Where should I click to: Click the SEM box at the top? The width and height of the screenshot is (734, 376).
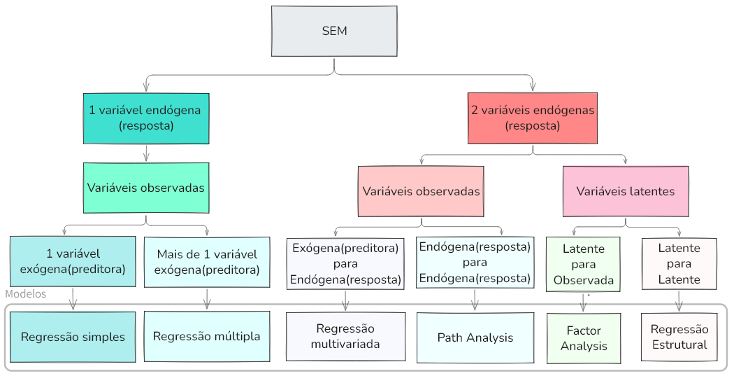(334, 31)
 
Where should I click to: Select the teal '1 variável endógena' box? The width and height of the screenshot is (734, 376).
(145, 118)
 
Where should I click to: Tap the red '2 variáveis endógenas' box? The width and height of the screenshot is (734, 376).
(533, 118)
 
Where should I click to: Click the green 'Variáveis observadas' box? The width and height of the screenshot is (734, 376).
(145, 188)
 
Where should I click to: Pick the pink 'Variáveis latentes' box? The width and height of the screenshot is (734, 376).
(625, 190)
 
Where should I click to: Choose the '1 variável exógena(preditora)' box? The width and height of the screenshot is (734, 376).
(73, 261)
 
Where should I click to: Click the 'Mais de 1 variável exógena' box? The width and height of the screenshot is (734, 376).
(206, 262)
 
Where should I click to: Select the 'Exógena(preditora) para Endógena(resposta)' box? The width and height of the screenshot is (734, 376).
(345, 264)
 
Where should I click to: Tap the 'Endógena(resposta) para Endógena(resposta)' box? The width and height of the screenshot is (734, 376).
(475, 263)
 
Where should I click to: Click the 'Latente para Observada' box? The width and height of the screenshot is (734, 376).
(583, 264)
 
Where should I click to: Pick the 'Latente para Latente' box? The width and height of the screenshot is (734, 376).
(678, 264)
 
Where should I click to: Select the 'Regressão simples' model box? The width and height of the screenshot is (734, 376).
(73, 337)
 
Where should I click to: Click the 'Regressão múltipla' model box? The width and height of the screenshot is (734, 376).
(206, 336)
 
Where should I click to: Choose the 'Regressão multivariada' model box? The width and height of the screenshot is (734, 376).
(345, 336)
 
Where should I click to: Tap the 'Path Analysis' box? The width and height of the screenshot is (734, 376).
(475, 337)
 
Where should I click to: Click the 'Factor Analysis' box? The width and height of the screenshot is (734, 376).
(583, 337)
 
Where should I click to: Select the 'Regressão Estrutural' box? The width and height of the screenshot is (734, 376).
(679, 337)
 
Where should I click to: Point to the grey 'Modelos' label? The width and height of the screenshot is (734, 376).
(25, 294)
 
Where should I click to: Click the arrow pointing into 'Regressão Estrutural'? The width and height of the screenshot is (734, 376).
(678, 301)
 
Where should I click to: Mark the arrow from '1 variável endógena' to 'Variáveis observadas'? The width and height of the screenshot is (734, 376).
(145, 153)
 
